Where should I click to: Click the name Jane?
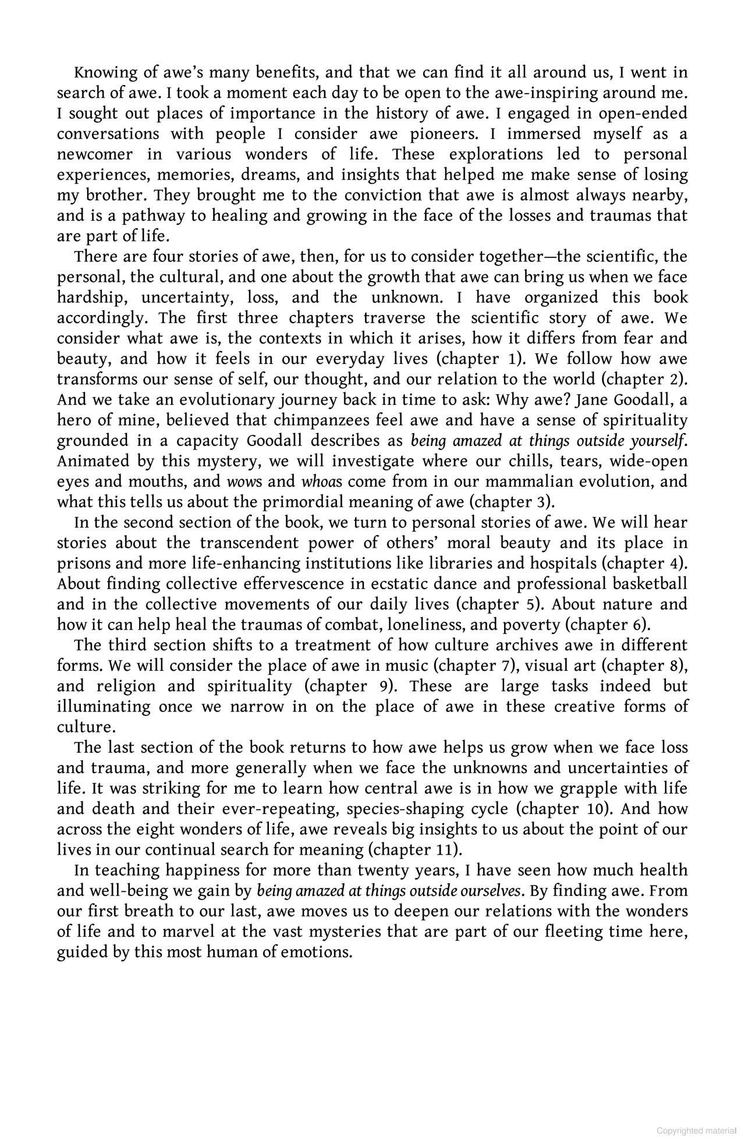click(590, 400)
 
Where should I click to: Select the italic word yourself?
click(655, 441)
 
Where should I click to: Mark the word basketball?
click(650, 584)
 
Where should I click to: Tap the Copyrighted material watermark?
click(697, 1131)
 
